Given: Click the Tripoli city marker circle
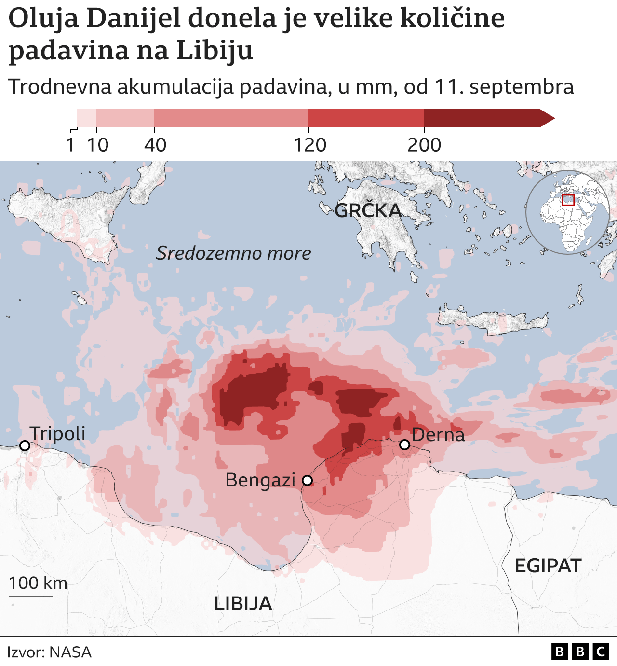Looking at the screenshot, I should (25, 446).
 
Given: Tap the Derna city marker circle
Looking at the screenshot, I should (405, 444).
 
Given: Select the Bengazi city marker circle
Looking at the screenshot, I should (307, 480).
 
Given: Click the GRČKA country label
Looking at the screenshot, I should (368, 210).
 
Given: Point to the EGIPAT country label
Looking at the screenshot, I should (548, 566).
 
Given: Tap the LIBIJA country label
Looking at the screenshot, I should (243, 603).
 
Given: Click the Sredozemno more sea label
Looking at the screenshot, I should (233, 253).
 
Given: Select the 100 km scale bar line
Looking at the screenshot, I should (31, 596).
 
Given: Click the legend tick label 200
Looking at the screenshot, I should (424, 145).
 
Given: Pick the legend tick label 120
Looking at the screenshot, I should (310, 145).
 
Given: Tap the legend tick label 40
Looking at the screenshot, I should (155, 145).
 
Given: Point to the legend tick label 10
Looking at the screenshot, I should (98, 145).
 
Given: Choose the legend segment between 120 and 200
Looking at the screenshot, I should (366, 118).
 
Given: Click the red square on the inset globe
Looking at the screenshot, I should (568, 200).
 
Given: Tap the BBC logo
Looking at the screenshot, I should (580, 652).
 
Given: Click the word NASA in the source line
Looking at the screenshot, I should (70, 652).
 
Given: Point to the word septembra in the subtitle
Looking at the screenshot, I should (522, 87).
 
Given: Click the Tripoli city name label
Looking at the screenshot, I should (57, 433).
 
